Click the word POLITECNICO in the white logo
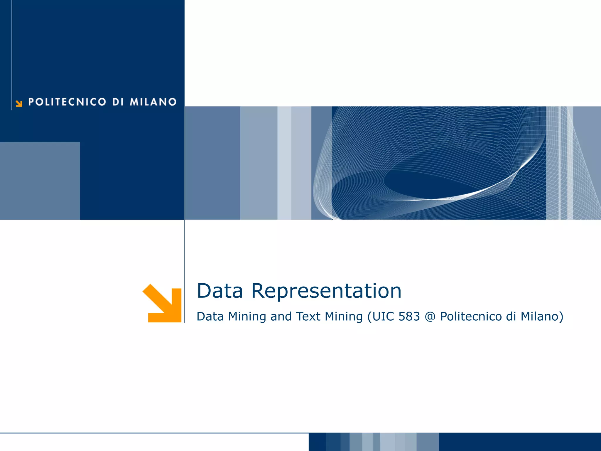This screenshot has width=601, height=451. coord(67,102)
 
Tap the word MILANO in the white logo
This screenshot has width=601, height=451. coord(153,102)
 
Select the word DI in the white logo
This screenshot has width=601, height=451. coord(118,102)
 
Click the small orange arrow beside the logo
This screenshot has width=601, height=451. coord(19,103)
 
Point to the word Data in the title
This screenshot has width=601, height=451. coord(220,291)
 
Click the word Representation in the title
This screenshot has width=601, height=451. coord(326,291)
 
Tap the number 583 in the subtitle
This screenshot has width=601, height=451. coord(409,317)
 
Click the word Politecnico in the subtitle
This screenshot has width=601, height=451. coord(471,317)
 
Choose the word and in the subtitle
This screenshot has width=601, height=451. coord(281,317)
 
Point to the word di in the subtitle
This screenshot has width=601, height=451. coord(511,317)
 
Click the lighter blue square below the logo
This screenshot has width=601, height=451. coord(40,181)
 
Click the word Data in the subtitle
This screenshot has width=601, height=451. coord(210,317)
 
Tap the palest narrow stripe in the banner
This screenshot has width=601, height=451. coord(284,163)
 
